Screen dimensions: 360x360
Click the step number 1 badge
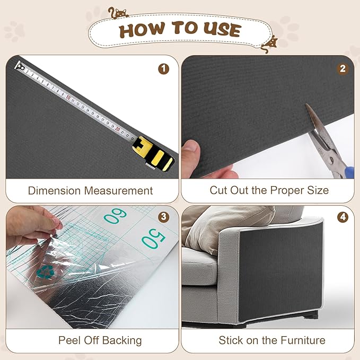(164, 69)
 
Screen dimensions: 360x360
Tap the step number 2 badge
(343, 69)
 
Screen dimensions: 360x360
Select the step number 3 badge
(164, 217)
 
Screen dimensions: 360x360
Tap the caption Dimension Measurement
(90, 190)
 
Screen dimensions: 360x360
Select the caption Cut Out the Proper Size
(269, 190)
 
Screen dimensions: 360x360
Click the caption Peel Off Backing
(100, 340)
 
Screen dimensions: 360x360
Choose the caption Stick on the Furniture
(272, 340)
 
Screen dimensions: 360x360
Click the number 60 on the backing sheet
(115, 216)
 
